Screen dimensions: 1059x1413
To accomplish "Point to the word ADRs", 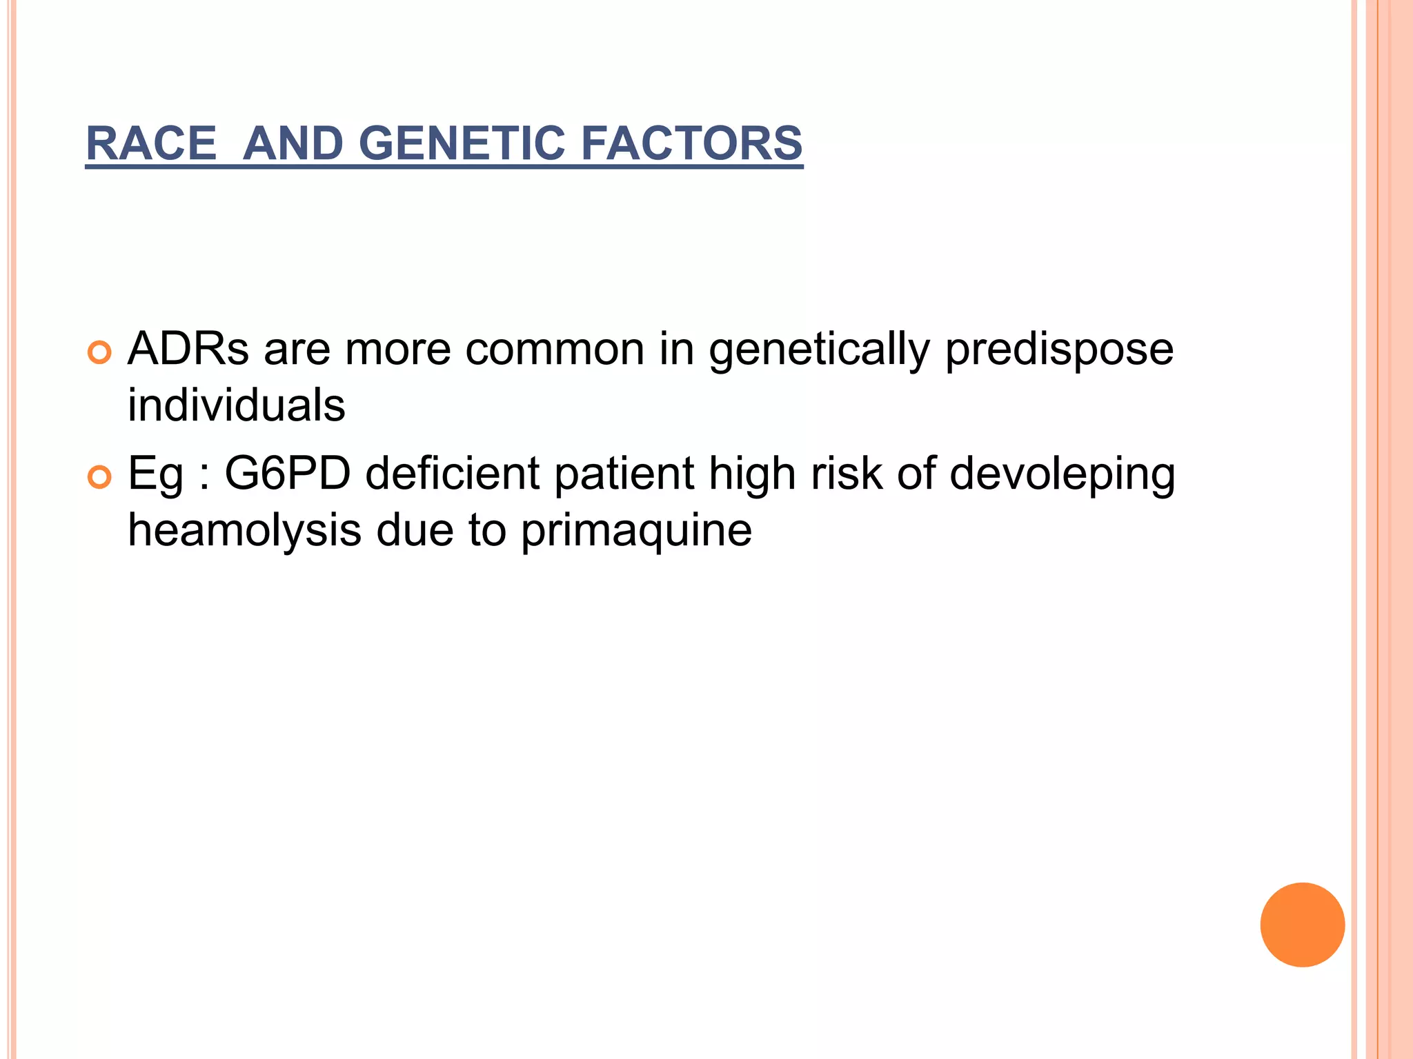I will [x=188, y=349].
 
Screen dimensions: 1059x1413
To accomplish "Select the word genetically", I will [x=819, y=350].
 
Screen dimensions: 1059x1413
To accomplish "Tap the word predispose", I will [x=1059, y=350].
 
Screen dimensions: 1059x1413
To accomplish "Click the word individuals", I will [x=236, y=405].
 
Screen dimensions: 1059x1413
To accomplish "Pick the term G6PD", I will [x=288, y=474].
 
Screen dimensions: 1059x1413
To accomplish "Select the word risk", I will [x=847, y=474].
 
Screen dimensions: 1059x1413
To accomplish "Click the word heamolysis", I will [x=244, y=531].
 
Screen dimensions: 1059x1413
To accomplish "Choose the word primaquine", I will [x=635, y=531].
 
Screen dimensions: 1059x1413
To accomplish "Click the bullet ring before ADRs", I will [x=99, y=353].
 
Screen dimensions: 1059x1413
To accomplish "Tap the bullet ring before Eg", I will [x=99, y=477].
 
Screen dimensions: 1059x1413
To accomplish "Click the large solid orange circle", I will [x=1302, y=925].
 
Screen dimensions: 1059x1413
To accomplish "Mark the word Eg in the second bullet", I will [x=155, y=475].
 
